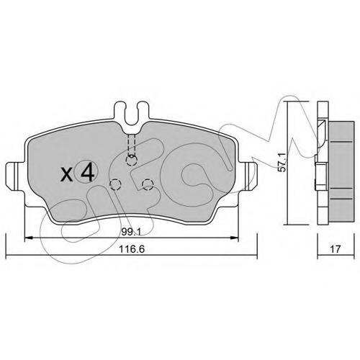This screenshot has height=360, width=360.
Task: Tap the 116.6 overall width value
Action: pyautogui.click(x=132, y=249)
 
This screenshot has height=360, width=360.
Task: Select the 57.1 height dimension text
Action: pyautogui.click(x=282, y=162)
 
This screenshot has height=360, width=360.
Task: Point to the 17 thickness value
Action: pyautogui.click(x=336, y=249)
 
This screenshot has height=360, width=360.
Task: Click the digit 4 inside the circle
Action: pyautogui.click(x=87, y=171)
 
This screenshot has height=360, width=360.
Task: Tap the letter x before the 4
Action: pyautogui.click(x=67, y=174)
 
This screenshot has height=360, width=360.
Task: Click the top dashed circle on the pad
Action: pyautogui.click(x=131, y=160)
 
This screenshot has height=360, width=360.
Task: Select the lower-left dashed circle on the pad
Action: pyautogui.click(x=115, y=184)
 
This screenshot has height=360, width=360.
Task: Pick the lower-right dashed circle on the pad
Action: pyautogui.click(x=148, y=184)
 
